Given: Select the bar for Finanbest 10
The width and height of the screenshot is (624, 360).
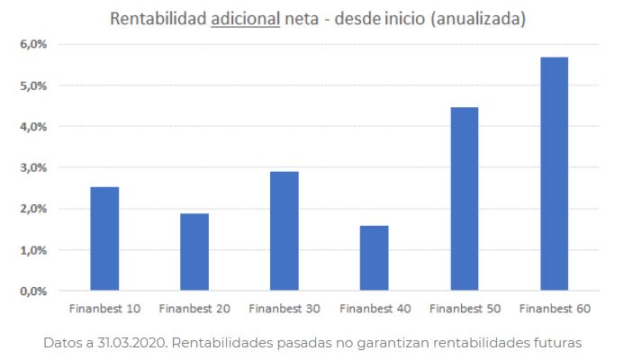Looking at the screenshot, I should coord(104,238).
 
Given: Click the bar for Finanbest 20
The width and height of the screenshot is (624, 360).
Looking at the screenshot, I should coord(194,252).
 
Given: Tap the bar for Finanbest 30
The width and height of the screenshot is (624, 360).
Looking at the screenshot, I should coord(285,231).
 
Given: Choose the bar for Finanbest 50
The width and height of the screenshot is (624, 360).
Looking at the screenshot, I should coord(465,199).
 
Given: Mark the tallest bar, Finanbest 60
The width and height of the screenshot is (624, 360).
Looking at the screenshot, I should coord(555,174).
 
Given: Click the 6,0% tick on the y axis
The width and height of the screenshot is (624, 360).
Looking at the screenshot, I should coord(34,44).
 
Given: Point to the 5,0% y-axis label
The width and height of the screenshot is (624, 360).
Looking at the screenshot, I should coord(34,85).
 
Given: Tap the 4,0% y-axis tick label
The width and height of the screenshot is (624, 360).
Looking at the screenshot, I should coord(34,127).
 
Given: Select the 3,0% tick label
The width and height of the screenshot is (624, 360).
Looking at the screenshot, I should coord(34,167).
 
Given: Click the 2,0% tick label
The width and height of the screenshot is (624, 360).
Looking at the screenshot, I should coord(34,209).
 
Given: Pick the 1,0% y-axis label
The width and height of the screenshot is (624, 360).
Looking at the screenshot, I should coord(34,250).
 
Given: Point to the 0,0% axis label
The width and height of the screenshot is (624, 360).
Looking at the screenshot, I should coord(34,292).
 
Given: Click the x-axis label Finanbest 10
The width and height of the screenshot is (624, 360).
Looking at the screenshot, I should coord(104,309).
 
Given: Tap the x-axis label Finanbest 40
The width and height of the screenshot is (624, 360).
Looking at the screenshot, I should coord(375,309).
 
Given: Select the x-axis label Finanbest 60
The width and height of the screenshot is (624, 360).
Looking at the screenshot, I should coord(555,309).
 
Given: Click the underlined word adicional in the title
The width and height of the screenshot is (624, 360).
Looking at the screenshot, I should coord(251,18).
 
